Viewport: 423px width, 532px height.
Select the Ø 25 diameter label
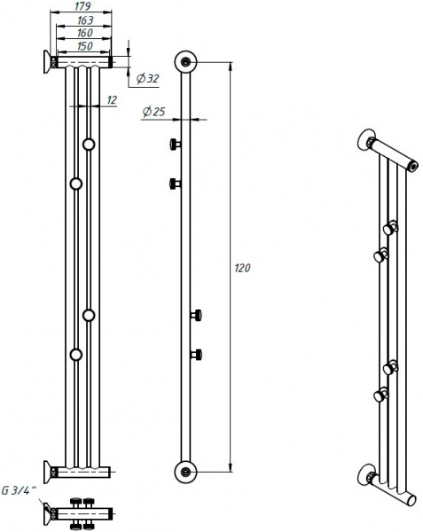coord(153,112)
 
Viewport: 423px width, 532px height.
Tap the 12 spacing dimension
coord(111,100)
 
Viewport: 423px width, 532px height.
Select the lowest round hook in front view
coord(76,355)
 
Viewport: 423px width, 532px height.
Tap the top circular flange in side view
coord(185,62)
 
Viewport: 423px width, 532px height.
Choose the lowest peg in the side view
coord(197,355)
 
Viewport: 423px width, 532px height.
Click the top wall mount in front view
coord(45,62)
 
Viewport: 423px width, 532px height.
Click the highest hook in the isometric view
coord(391,223)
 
